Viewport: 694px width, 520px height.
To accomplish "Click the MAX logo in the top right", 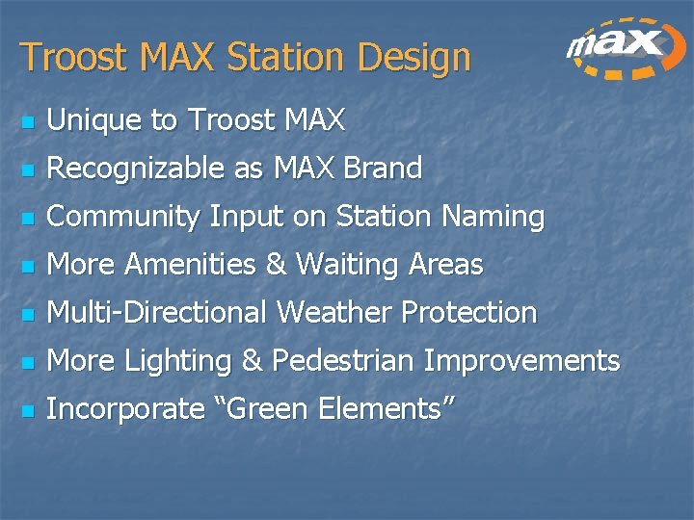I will coord(622,48).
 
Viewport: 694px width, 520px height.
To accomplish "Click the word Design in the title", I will coord(414,57).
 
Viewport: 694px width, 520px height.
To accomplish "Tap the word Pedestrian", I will coord(344,361).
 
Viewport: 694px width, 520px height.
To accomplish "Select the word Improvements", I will coord(521,361).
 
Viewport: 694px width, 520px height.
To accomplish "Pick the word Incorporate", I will coord(125,409).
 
